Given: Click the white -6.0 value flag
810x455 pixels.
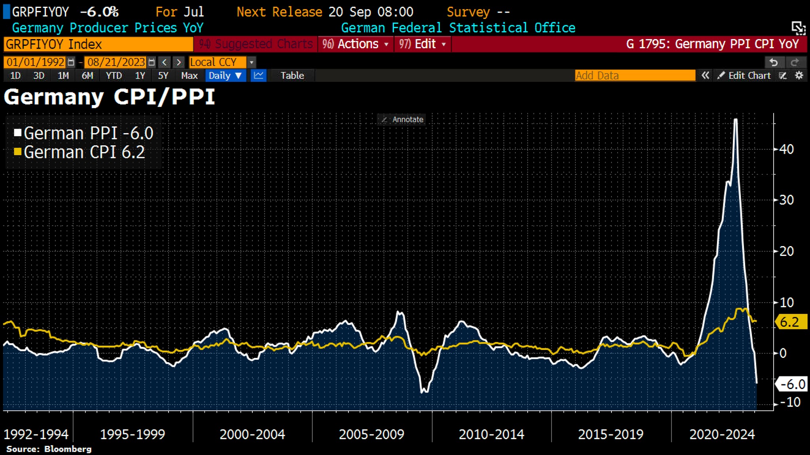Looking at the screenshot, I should tap(791, 384).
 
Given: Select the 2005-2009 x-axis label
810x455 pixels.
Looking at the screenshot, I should tap(371, 434).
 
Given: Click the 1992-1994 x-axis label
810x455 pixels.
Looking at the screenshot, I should tap(36, 434).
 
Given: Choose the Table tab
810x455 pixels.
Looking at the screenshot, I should tap(292, 75).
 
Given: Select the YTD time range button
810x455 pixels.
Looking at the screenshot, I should tap(114, 75).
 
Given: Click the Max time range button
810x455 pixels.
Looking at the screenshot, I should tap(189, 75).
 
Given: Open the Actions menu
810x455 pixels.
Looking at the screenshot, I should tap(355, 44).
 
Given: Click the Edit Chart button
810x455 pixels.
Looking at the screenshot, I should tap(744, 75).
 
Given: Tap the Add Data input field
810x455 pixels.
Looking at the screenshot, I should tap(635, 75).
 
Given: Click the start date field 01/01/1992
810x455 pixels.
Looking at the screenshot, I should tap(36, 62).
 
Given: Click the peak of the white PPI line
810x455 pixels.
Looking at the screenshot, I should tap(736, 119).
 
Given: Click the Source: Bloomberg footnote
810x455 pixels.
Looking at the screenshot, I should tap(49, 449).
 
